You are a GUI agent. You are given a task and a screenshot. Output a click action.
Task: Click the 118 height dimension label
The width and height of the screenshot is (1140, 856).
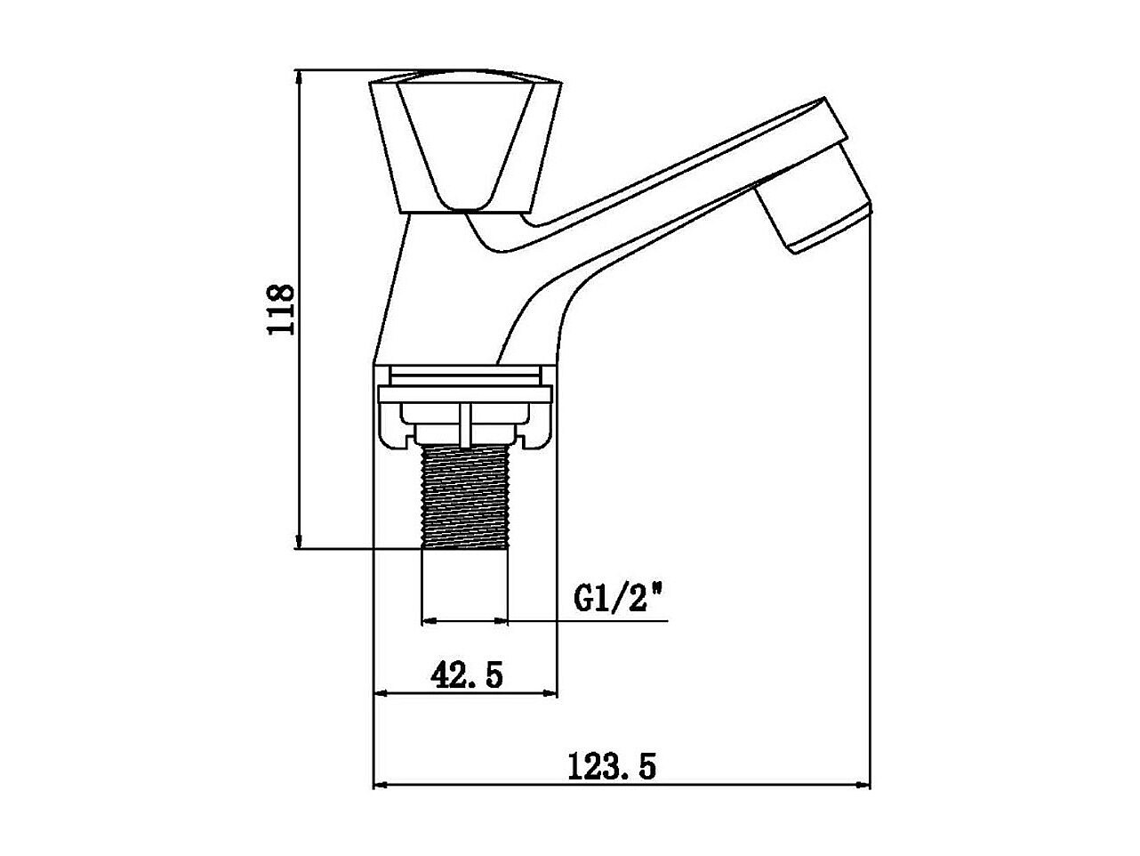(281, 310)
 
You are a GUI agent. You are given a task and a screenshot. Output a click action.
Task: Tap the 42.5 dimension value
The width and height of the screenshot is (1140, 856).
(467, 675)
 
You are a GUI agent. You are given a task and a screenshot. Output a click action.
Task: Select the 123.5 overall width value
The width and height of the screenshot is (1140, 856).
(612, 767)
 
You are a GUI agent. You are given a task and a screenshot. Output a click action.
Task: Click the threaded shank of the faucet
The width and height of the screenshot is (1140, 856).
(465, 497)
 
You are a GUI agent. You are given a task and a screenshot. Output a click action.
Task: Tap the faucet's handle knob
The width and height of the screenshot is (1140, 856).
(465, 141)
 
